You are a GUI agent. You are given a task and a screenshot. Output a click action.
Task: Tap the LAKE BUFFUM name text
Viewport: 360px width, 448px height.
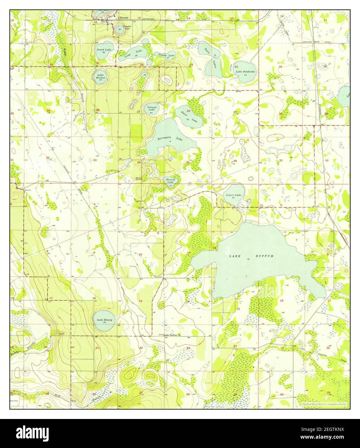251,256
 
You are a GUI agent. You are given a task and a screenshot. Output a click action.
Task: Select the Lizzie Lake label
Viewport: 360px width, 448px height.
232,195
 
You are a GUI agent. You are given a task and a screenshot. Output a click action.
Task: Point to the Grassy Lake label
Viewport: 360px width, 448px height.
170,180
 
